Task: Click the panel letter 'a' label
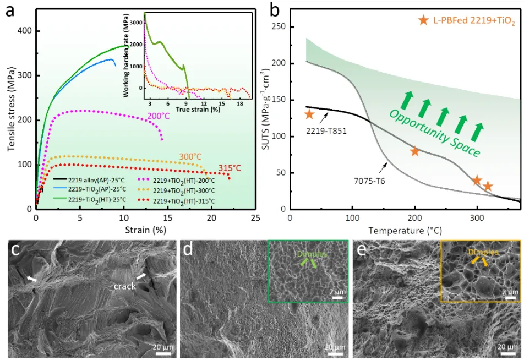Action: [10, 11]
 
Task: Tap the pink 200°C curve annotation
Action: [157, 117]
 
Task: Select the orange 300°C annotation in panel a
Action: [189, 157]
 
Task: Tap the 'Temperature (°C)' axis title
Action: [405, 230]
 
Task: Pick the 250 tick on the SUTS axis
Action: [282, 27]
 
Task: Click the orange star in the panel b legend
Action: [423, 20]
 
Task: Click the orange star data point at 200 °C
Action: [415, 151]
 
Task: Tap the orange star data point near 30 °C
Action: [309, 114]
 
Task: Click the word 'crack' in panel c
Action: [125, 286]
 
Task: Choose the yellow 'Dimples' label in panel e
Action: [484, 252]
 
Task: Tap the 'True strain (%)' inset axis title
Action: [198, 110]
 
